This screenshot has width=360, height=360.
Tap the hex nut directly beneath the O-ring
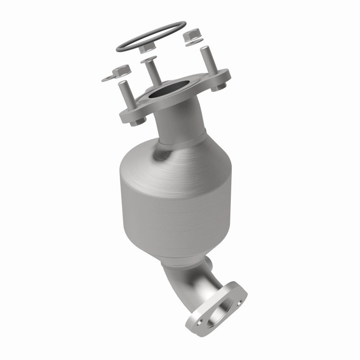pos(147,46)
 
